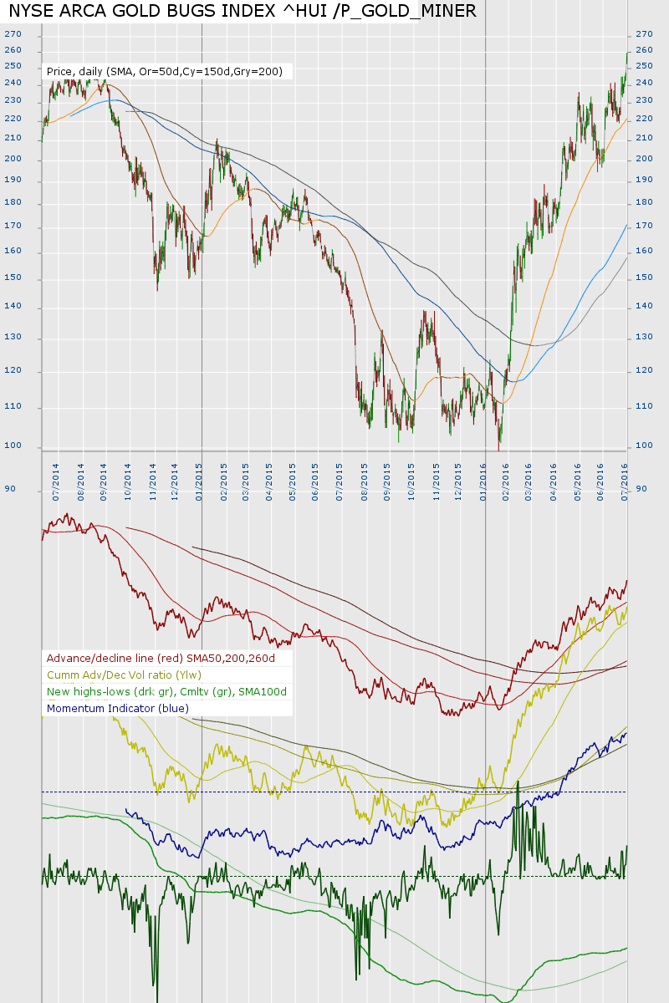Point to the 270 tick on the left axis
13,34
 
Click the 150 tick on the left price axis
13,279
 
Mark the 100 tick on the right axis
644,445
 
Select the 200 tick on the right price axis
644,159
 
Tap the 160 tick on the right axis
644,251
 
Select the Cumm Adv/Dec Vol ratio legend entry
124,675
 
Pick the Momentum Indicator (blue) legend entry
118,708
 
